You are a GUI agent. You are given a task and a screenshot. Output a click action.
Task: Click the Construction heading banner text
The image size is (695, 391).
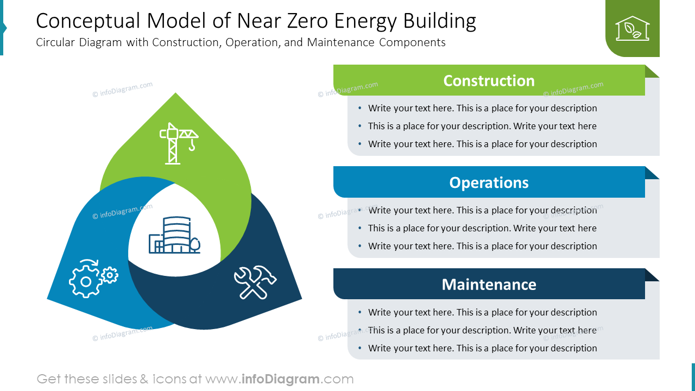tap(489, 80)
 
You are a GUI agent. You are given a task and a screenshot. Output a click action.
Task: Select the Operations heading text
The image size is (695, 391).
tap(489, 182)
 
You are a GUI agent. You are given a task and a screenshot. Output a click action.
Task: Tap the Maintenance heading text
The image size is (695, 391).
tap(489, 285)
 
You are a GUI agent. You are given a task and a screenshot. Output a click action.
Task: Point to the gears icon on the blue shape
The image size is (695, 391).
tap(93, 278)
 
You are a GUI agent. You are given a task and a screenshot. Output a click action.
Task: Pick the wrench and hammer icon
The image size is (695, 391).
tap(255, 281)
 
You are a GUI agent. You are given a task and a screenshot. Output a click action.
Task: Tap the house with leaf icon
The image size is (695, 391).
tap(632, 28)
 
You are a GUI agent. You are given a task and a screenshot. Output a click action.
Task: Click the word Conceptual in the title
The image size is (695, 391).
tap(87, 21)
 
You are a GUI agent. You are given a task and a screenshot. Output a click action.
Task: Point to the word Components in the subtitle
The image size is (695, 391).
tap(412, 42)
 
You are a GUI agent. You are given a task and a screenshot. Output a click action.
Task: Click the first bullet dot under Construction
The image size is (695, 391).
tap(361, 108)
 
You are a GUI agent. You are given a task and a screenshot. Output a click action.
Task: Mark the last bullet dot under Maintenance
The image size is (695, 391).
tap(361, 348)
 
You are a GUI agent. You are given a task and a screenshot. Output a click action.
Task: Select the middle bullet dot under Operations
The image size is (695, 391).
tap(361, 228)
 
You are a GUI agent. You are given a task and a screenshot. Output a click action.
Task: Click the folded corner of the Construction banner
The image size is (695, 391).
tap(652, 71)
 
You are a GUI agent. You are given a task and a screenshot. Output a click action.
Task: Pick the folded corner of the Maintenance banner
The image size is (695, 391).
tap(652, 275)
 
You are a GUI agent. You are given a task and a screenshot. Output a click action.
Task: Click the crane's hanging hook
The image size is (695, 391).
tap(192, 146)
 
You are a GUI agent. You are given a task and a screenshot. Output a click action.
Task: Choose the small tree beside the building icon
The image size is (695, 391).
tap(195, 245)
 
